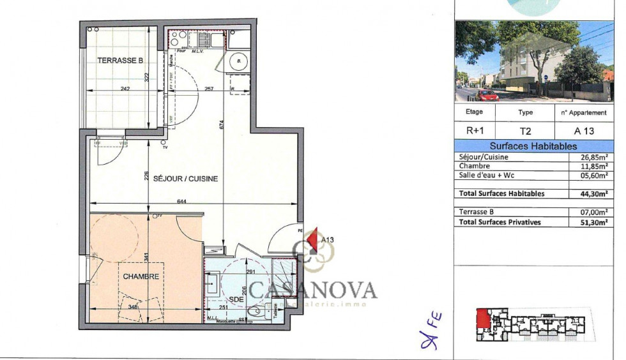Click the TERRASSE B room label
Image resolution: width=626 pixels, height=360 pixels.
[120, 61]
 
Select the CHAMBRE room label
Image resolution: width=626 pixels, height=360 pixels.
[141, 276]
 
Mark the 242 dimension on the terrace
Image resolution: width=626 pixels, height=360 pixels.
[125, 89]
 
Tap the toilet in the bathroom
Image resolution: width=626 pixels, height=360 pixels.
[257, 311]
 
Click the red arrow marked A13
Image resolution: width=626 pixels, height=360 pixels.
[313, 241]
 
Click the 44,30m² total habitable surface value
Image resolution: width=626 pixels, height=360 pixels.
[590, 193]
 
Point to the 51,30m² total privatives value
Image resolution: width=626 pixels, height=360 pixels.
[590, 221]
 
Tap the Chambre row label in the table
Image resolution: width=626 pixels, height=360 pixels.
[474, 166]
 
